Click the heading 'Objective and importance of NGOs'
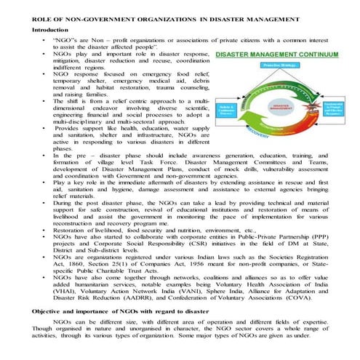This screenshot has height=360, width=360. [109, 311]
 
